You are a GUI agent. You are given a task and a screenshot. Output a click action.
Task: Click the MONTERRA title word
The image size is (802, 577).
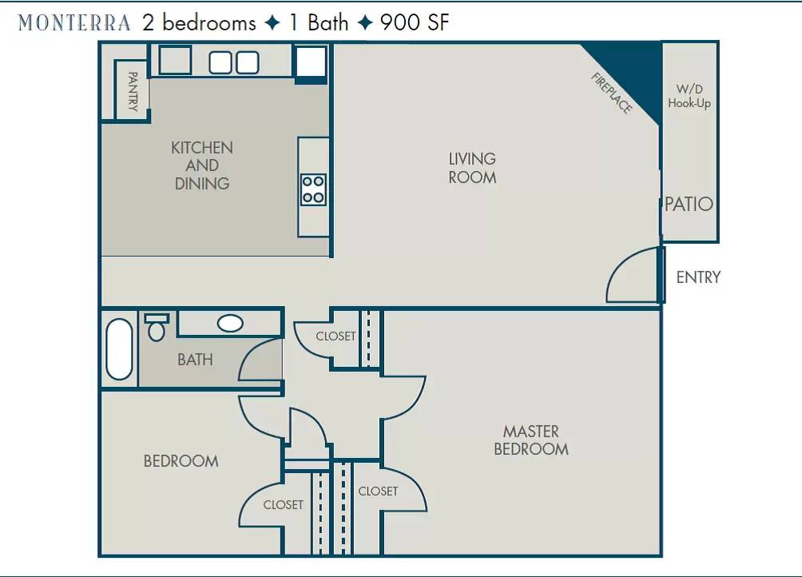[x=74, y=23]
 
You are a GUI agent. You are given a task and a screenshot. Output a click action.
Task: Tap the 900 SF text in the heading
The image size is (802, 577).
[x=415, y=22]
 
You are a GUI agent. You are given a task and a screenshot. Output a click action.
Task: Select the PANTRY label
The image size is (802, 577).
[x=133, y=92]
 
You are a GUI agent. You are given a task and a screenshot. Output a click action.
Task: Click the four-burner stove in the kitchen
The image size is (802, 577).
[x=313, y=189]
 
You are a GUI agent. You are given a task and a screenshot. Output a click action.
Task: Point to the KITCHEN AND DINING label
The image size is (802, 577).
[x=202, y=165]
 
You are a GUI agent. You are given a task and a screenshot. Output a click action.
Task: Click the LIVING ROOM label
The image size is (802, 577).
[x=472, y=168]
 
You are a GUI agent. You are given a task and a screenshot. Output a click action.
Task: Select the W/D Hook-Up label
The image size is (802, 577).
[x=689, y=96]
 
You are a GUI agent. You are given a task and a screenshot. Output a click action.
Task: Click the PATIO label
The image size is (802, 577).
[x=689, y=204]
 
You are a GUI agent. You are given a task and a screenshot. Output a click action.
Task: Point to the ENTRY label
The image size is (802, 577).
[x=698, y=277]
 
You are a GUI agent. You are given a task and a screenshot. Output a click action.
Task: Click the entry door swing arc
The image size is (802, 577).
[x=620, y=267]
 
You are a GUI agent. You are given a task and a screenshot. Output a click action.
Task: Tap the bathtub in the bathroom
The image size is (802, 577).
[x=119, y=349]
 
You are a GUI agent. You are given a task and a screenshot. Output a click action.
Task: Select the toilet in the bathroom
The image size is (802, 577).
[x=157, y=328]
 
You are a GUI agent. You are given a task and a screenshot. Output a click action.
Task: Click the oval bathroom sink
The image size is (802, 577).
[x=230, y=324]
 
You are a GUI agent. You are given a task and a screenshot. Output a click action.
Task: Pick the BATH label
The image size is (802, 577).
[x=195, y=360]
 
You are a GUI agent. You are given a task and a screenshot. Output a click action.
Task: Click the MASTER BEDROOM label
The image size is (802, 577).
[x=531, y=440]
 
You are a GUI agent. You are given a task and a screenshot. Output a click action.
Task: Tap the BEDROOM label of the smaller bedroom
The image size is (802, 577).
[x=181, y=461]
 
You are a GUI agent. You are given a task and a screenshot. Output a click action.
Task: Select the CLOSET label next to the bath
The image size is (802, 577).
[x=335, y=336]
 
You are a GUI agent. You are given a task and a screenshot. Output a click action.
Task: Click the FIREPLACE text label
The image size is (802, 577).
[x=612, y=93]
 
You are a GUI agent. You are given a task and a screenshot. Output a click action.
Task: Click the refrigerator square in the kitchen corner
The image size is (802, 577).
[x=311, y=62]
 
